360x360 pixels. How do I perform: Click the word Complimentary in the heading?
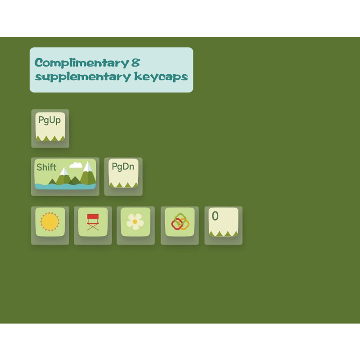(81, 63)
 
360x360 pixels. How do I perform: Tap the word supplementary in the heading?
(83, 76)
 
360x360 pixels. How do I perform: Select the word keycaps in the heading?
(161, 76)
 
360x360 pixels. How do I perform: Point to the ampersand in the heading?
(136, 63)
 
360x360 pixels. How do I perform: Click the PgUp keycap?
(50, 126)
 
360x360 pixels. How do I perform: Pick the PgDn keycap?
(123, 173)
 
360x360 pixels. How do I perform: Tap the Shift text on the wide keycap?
(46, 167)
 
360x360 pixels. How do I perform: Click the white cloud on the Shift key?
(76, 165)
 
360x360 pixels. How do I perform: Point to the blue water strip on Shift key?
(65, 186)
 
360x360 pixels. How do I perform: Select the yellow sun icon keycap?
(50, 222)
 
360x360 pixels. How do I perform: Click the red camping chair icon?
(93, 222)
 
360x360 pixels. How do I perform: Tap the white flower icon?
(135, 221)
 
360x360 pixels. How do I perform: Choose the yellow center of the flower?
(135, 221)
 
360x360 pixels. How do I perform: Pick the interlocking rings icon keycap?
(180, 222)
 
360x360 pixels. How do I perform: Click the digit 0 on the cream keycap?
(215, 216)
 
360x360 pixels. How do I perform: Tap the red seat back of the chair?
(93, 216)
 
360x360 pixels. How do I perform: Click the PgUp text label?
(49, 120)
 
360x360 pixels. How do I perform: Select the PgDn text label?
(123, 166)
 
